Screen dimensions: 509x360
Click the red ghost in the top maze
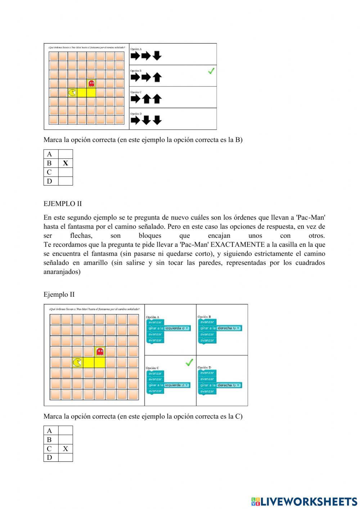click(x=91, y=84)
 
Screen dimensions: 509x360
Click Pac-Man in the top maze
click(x=72, y=93)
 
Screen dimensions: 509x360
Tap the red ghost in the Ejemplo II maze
click(x=100, y=352)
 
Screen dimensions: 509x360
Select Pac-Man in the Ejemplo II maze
click(x=77, y=362)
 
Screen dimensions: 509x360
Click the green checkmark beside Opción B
click(x=211, y=71)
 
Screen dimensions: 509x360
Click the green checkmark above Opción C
click(x=189, y=362)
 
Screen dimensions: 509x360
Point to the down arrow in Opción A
click(x=157, y=55)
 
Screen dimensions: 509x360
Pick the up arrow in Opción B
click(x=157, y=77)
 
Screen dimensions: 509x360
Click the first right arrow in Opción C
click(x=135, y=99)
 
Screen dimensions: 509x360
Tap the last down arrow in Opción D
click(x=157, y=120)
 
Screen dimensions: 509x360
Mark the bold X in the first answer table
click(x=65, y=163)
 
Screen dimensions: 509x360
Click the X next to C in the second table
click(x=65, y=449)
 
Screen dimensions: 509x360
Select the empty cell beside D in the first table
click(x=65, y=181)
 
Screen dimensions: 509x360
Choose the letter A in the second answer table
click(x=49, y=430)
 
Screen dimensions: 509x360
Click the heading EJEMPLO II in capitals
click(x=63, y=204)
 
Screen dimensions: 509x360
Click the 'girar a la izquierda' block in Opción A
click(x=168, y=328)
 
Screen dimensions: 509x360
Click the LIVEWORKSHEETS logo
click(x=304, y=501)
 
